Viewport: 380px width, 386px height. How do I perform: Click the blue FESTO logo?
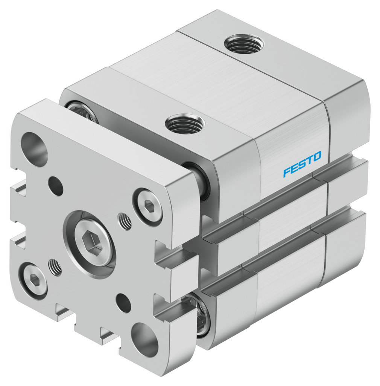coord(302,164)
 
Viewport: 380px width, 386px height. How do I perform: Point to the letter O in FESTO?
coord(316,156)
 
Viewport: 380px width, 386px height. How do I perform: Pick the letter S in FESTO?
coord(302,164)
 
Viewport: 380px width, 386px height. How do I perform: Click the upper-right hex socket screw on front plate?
coord(149,205)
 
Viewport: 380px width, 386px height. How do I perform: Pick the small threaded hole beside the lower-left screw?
coord(56,268)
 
